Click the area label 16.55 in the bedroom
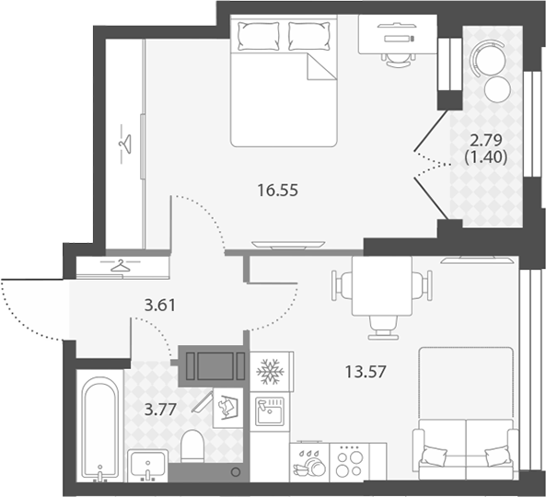click(277, 191)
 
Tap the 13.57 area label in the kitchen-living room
click(366, 372)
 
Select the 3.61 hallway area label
click(160, 306)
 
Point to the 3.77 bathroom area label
click(160, 410)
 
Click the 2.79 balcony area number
click(486, 141)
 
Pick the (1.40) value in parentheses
click(485, 157)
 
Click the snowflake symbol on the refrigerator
click(269, 372)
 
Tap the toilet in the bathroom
click(192, 445)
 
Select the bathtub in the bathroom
click(100, 429)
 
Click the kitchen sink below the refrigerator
click(270, 411)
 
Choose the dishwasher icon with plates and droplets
click(309, 463)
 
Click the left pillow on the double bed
click(259, 36)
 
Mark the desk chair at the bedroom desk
click(398, 60)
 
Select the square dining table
click(382, 285)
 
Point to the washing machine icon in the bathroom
click(228, 408)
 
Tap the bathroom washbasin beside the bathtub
click(147, 466)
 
